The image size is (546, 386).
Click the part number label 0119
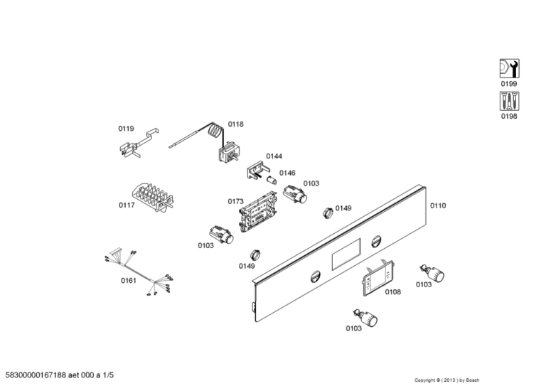[x=126, y=129]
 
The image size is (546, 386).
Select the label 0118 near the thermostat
[x=235, y=124]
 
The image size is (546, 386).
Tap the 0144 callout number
[x=274, y=156]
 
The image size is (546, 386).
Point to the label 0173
[x=235, y=201]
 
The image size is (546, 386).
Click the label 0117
[x=127, y=205]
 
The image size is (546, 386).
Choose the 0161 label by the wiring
[x=128, y=280]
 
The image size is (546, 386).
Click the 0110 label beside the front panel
[x=438, y=205]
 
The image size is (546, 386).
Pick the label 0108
[x=392, y=291]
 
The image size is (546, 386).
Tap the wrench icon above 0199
[x=508, y=68]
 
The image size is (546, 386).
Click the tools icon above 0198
[x=508, y=101]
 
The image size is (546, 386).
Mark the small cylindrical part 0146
[x=271, y=181]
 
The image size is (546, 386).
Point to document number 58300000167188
[x=44, y=373]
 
